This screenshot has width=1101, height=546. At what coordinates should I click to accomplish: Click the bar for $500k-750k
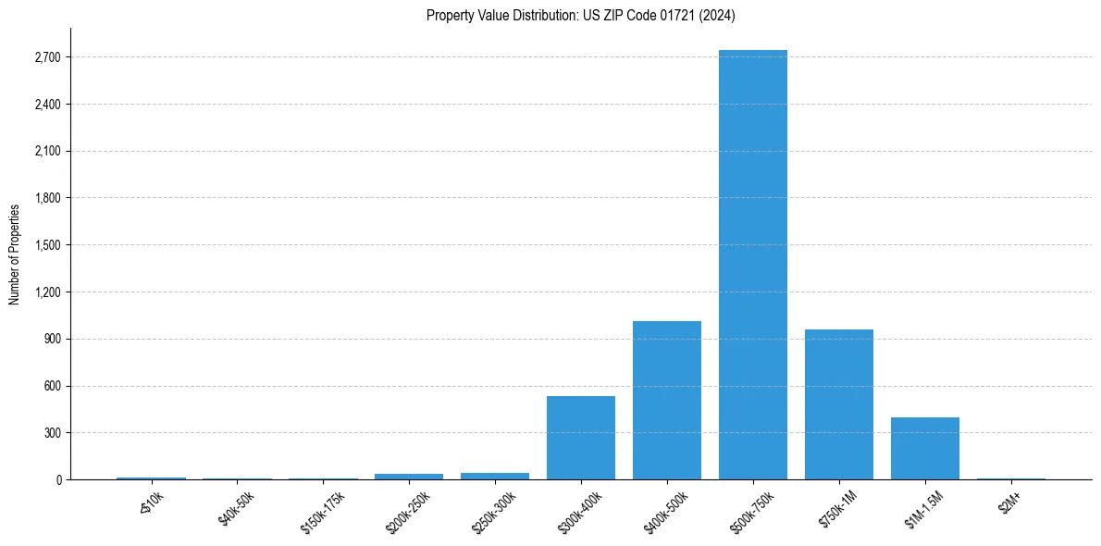tap(752, 265)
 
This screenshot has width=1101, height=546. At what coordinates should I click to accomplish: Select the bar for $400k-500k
tap(666, 400)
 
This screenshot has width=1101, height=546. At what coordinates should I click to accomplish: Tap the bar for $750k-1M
tap(838, 404)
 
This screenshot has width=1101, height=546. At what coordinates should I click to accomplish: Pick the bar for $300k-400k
tap(580, 438)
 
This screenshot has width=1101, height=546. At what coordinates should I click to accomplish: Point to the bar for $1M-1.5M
tap(924, 448)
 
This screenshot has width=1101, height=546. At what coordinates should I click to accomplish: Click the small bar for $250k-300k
tap(495, 476)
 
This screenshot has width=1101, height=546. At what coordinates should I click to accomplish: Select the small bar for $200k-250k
tap(409, 477)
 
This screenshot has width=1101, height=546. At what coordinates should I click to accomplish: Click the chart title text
tap(580, 15)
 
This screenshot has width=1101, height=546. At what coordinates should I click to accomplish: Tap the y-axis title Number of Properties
tap(15, 254)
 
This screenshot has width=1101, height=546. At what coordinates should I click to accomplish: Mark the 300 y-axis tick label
tap(52, 433)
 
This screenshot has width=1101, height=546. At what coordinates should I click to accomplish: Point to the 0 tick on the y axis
tap(57, 479)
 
